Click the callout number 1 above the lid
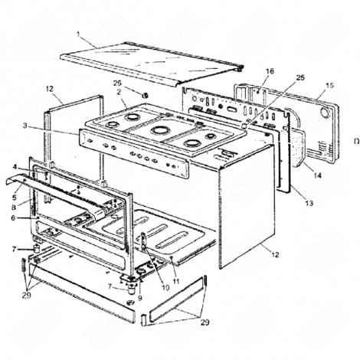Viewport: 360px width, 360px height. (78, 34)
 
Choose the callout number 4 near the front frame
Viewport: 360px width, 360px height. (16, 165)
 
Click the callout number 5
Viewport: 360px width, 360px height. (15, 198)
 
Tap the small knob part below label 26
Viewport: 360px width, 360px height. (142, 93)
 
